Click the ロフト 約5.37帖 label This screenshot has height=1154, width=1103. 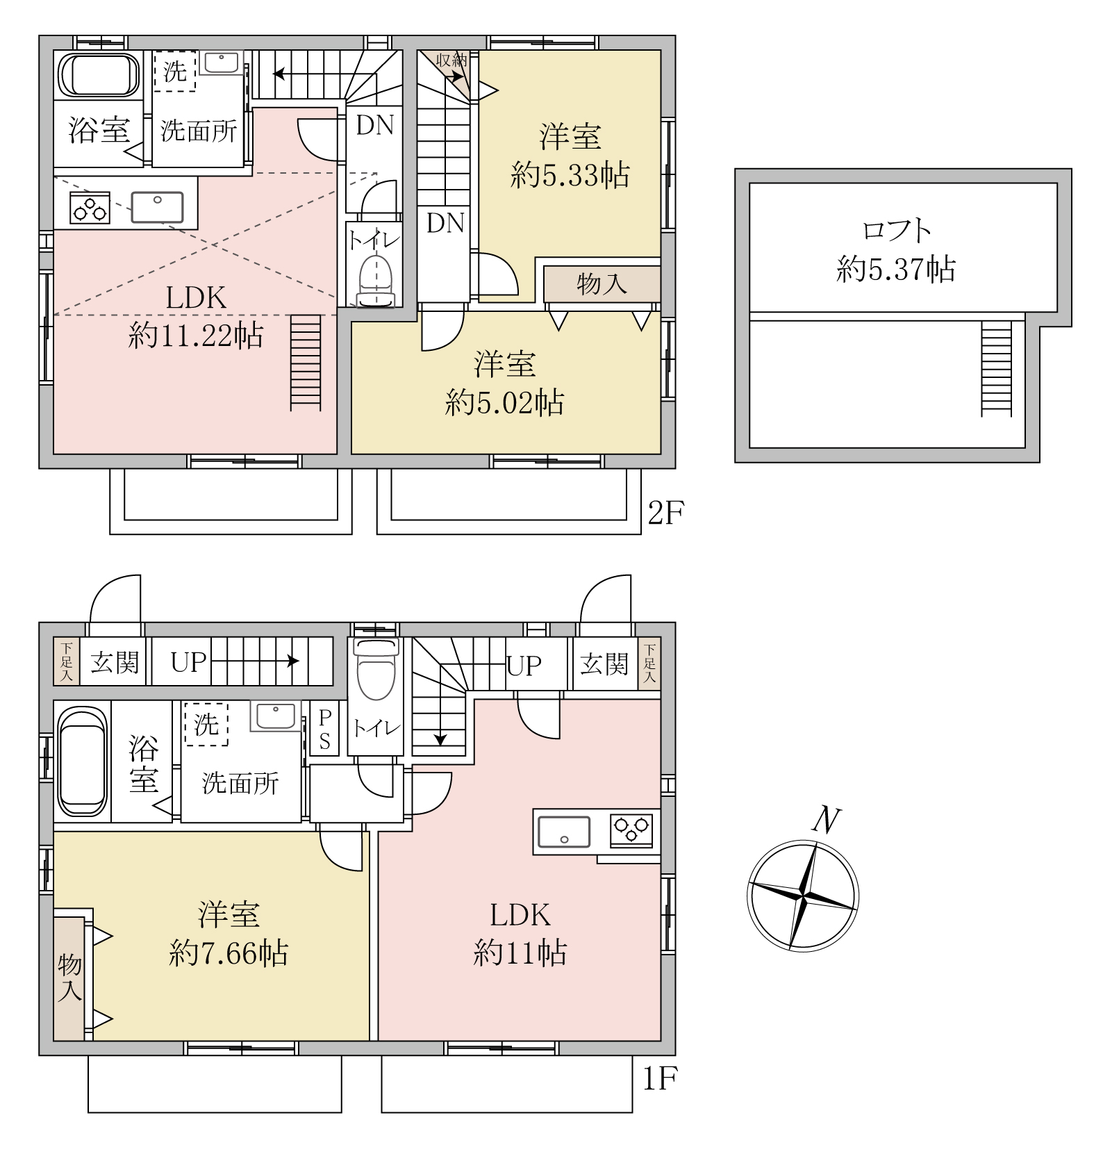coord(896,249)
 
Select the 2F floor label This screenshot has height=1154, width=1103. coord(665,514)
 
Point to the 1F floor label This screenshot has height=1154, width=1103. coord(658,1080)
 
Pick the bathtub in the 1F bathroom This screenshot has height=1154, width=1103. coord(83,761)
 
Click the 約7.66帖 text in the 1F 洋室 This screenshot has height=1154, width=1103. coord(229,953)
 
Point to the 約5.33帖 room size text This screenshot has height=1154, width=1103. coord(570,175)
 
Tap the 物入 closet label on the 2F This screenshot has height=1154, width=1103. coord(602,283)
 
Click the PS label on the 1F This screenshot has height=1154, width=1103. coord(324,730)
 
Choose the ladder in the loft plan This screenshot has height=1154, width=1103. coord(997,368)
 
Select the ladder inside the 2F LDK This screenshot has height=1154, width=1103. coord(306,362)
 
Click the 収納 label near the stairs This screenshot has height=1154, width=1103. coord(451,60)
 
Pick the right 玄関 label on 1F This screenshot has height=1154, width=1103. coord(604,663)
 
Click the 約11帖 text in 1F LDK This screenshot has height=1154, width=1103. coord(520,953)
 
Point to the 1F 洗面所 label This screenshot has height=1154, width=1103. coord(240,784)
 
